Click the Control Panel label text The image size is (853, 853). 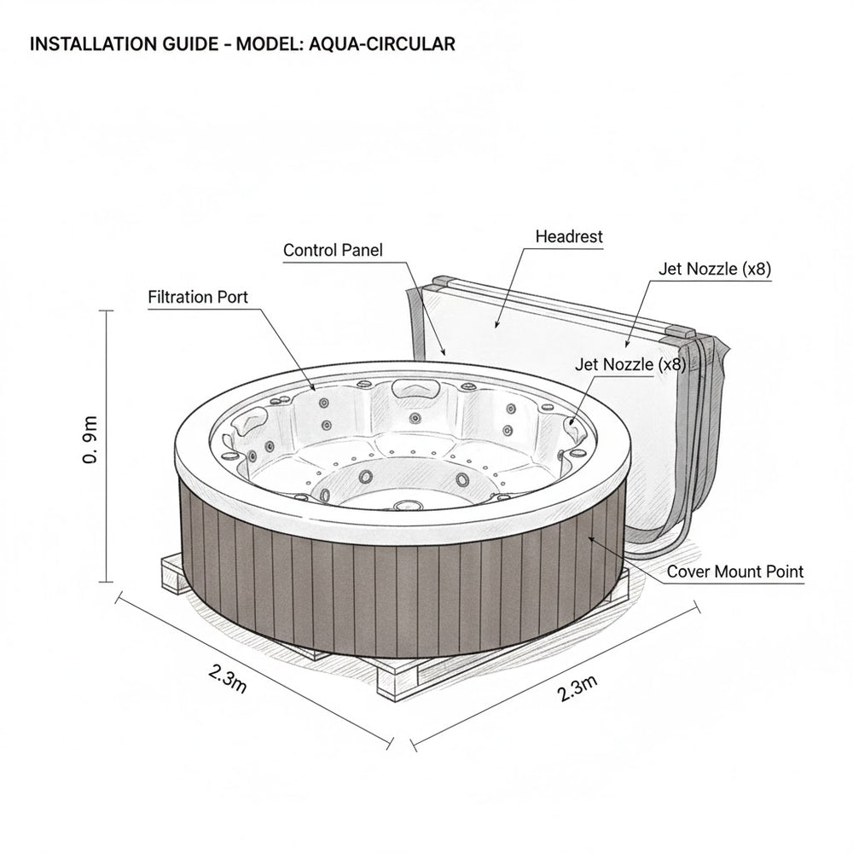tap(333, 250)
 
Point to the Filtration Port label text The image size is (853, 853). tap(198, 298)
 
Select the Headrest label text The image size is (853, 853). tap(568, 236)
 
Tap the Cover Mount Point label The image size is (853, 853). tap(734, 572)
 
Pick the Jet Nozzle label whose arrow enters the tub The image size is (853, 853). tap(630, 364)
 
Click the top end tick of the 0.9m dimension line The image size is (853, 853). tap(107, 311)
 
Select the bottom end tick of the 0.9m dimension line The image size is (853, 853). tap(107, 581)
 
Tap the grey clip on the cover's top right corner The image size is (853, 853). tap(682, 330)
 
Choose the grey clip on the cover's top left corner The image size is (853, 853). tap(440, 281)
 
